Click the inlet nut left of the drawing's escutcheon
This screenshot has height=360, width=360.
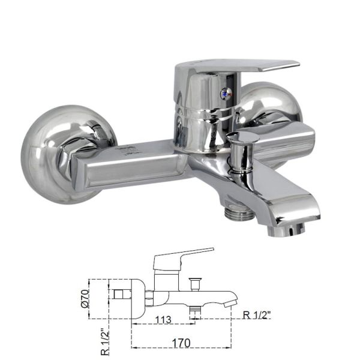pyautogui.click(x=119, y=296)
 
